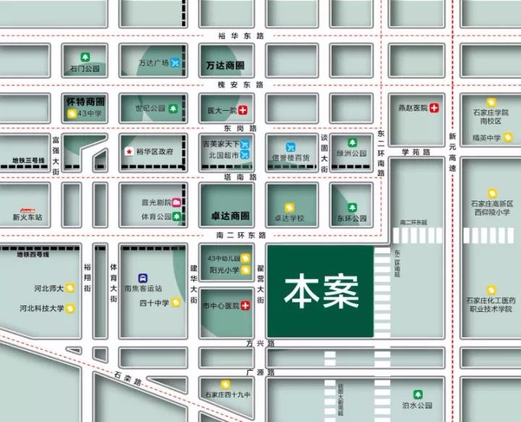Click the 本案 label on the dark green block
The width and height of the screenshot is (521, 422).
coord(321,291)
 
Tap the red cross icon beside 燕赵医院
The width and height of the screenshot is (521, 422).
coord(434,109)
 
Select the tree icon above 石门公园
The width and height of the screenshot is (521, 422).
coord(85,56)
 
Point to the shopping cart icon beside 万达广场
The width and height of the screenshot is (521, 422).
coord(175,64)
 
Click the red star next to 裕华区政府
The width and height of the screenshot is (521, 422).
coord(129,152)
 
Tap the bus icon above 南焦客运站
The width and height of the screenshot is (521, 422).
coord(143,277)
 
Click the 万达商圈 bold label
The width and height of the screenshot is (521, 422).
coord(224,65)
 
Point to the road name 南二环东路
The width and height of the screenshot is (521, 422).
coord(241,235)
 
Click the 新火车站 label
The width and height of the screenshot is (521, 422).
coord(27,216)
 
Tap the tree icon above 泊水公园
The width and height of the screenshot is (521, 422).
coord(417,394)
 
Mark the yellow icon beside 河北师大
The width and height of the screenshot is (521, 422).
coord(70,287)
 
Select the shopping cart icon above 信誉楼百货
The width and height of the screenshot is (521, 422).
coord(290,146)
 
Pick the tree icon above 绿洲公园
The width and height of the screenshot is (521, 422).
coord(352,143)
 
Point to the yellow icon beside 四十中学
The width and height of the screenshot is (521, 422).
coord(175,303)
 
